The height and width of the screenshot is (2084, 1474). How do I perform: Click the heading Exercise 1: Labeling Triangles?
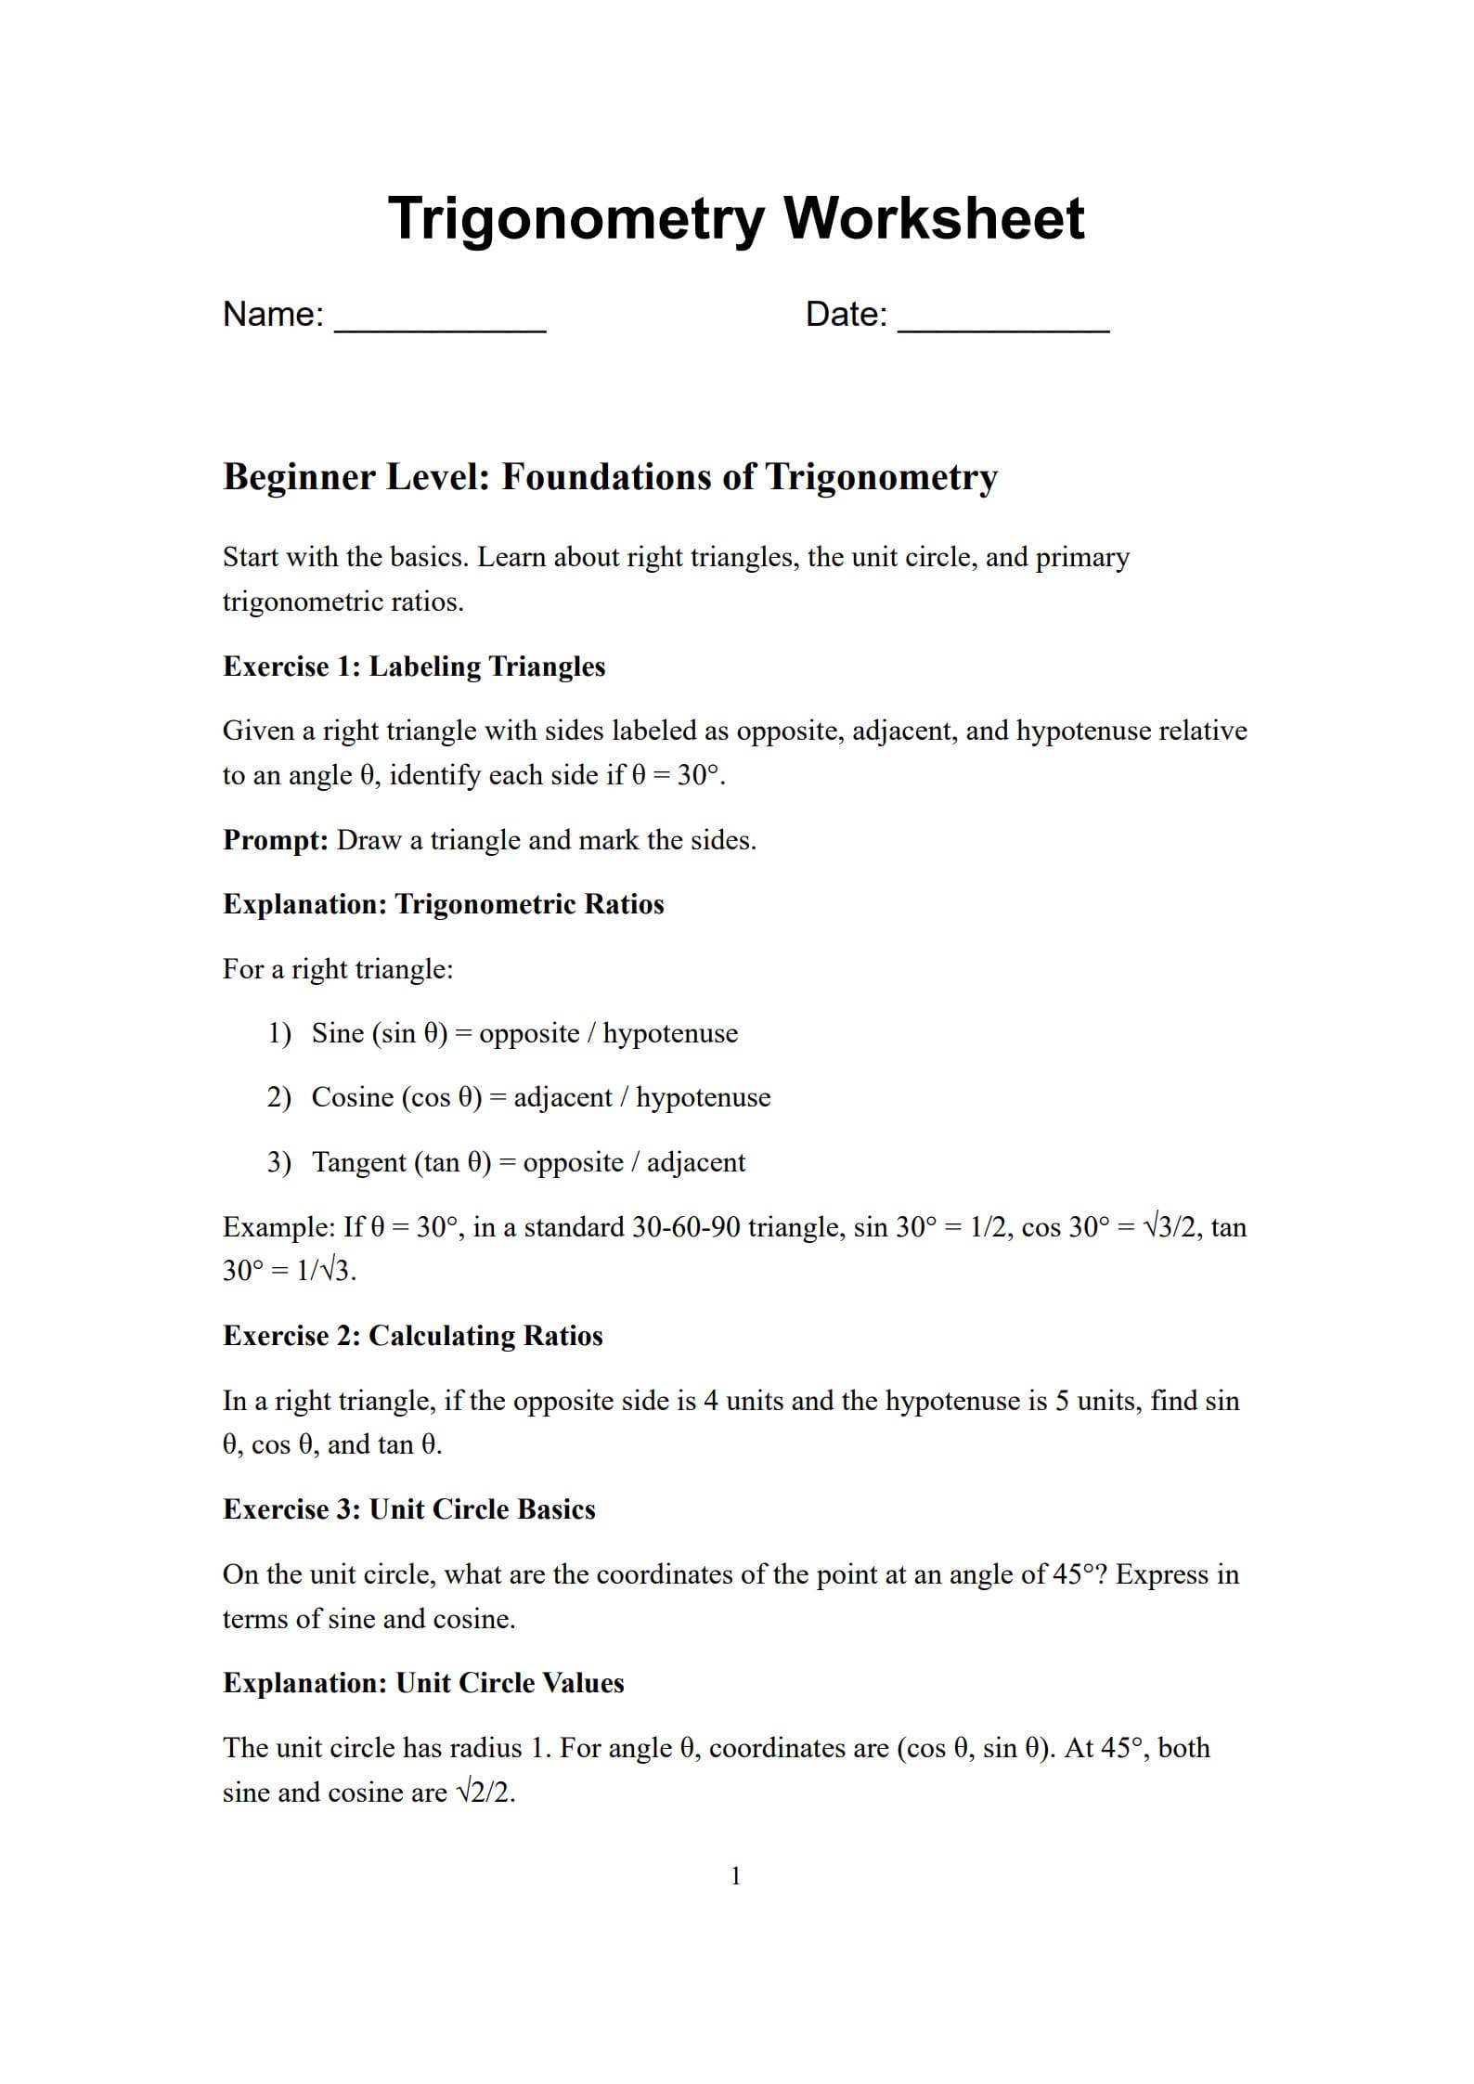414,667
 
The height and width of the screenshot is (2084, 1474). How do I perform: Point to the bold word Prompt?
275,840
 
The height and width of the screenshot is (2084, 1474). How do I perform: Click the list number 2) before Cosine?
278,1097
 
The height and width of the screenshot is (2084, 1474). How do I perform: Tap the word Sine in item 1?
337,1033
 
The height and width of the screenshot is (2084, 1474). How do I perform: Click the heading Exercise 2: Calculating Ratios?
412,1336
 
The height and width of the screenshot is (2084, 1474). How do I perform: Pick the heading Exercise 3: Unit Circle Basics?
408,1509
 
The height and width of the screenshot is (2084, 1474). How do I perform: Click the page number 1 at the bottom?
736,1877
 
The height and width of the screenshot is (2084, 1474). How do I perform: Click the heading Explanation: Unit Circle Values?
423,1683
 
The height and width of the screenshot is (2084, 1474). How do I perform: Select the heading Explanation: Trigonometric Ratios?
443,904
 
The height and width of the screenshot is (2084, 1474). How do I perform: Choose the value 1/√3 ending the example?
324,1271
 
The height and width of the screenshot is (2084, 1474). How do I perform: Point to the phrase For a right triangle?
338,969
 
